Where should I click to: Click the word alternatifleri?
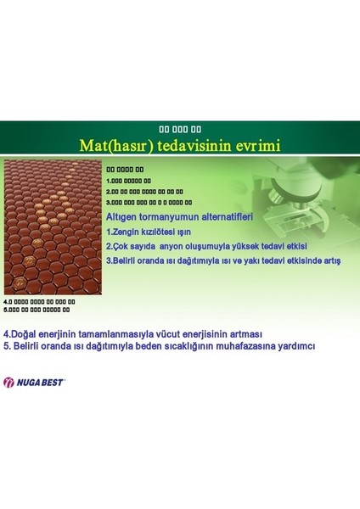tap(225, 217)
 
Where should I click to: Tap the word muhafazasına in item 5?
tap(254, 345)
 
